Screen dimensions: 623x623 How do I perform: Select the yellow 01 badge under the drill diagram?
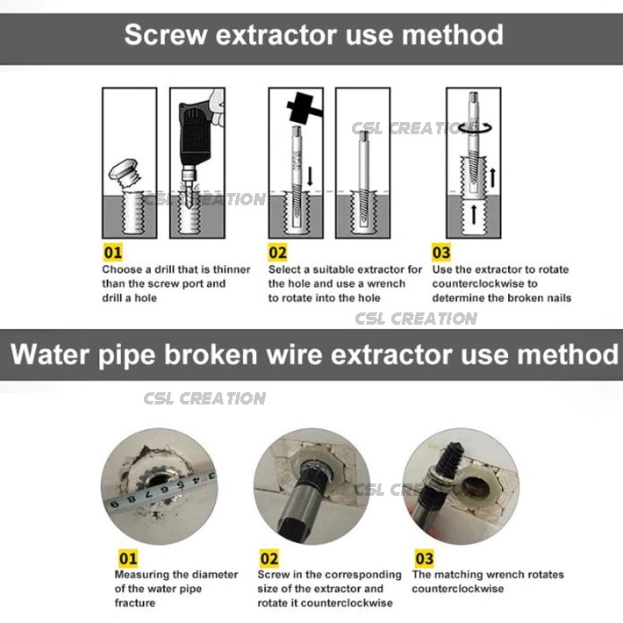point(113,253)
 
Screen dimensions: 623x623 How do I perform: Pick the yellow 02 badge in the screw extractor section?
point(278,253)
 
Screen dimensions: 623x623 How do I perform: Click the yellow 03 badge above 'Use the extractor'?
point(441,253)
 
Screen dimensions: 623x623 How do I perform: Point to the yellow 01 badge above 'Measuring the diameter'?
point(128,557)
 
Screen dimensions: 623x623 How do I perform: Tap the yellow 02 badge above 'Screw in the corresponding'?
point(269,558)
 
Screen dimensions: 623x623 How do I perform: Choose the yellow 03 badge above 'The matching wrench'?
point(424,558)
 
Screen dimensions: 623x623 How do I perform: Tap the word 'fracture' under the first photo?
point(135,604)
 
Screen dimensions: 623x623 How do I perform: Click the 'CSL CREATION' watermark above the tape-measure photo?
point(204,398)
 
